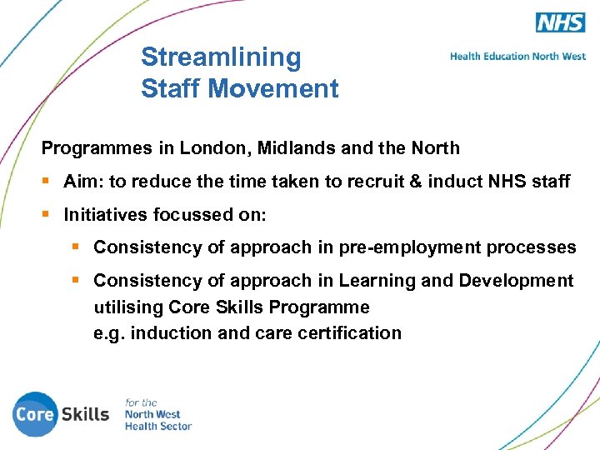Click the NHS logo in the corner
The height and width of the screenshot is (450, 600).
point(561,22)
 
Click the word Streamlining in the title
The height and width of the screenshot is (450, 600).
point(221,57)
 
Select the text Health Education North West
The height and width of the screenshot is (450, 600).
point(517,57)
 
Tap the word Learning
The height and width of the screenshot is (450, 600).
point(381,281)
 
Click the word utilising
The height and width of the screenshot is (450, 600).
point(128,307)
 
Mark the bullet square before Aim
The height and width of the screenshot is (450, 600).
point(47,182)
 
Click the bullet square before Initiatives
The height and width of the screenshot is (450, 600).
point(47,215)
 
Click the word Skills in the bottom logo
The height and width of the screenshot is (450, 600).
point(86,414)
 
